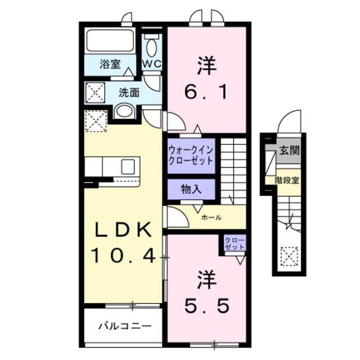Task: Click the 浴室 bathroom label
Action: (110, 64)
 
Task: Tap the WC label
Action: (151, 64)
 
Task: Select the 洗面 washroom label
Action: (129, 93)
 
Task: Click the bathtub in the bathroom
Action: (110, 41)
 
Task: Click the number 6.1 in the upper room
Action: (206, 91)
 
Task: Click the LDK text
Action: (123, 231)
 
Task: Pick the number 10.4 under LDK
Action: (123, 256)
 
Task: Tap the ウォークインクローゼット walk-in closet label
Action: (191, 155)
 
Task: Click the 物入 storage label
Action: (191, 188)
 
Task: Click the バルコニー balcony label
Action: (124, 325)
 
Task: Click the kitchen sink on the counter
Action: (128, 166)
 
